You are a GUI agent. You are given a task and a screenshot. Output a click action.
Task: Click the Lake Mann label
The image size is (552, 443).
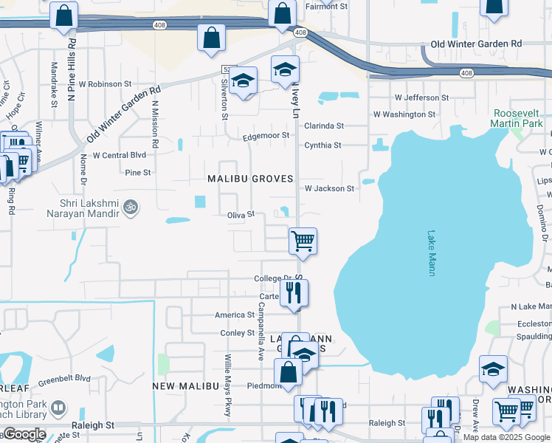(x=432, y=254)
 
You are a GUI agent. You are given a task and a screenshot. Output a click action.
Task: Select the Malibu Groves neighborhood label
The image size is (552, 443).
(x=250, y=179)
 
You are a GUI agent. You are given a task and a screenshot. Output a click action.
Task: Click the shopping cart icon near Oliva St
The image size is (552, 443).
(x=303, y=241)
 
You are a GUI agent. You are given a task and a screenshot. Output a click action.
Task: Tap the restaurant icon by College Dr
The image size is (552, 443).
(x=294, y=292)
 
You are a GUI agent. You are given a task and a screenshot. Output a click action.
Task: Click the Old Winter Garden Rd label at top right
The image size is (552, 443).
(x=476, y=44)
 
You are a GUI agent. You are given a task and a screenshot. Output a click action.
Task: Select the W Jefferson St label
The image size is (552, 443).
(x=421, y=97)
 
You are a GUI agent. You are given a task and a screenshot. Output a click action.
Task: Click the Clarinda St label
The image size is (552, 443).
(x=324, y=126)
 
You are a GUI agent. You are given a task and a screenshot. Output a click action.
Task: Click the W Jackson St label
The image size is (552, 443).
(x=329, y=188)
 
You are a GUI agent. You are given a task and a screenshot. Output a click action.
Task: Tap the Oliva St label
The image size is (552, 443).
(x=241, y=214)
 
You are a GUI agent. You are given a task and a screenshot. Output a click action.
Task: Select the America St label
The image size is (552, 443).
(x=235, y=315)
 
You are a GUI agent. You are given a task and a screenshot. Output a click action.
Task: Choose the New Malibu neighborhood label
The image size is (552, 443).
(x=186, y=386)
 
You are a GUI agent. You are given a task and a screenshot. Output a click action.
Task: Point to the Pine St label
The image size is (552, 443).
(x=138, y=173)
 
